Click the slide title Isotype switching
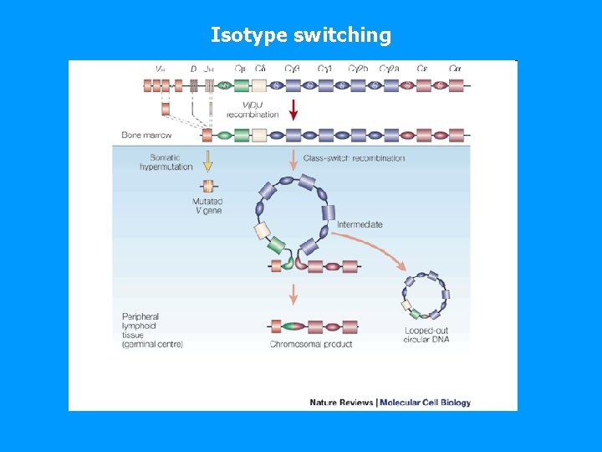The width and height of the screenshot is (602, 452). point(300,35)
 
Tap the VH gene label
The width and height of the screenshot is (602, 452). point(160,69)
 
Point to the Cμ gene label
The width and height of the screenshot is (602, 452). point(241,69)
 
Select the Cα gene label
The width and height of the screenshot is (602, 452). point(455,69)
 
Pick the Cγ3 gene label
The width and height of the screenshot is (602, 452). point(293,69)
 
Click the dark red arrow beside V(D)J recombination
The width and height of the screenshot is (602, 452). point(293,110)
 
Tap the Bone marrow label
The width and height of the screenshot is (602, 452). point(146,135)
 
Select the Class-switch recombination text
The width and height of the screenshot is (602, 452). point(354,158)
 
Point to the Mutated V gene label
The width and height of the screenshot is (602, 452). point(207,206)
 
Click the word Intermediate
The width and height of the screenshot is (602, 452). point(360,224)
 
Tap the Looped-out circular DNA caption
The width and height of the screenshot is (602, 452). point(426,335)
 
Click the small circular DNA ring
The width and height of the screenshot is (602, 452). point(426,295)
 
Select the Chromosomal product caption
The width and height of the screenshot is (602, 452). point(311,344)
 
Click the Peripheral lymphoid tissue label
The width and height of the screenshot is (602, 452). point(152,330)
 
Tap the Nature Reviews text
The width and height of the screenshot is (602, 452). point(341,403)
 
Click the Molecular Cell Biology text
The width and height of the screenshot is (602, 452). point(426,403)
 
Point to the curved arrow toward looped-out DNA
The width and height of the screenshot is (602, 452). point(368,248)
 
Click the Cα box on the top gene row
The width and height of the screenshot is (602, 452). point(456,85)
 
